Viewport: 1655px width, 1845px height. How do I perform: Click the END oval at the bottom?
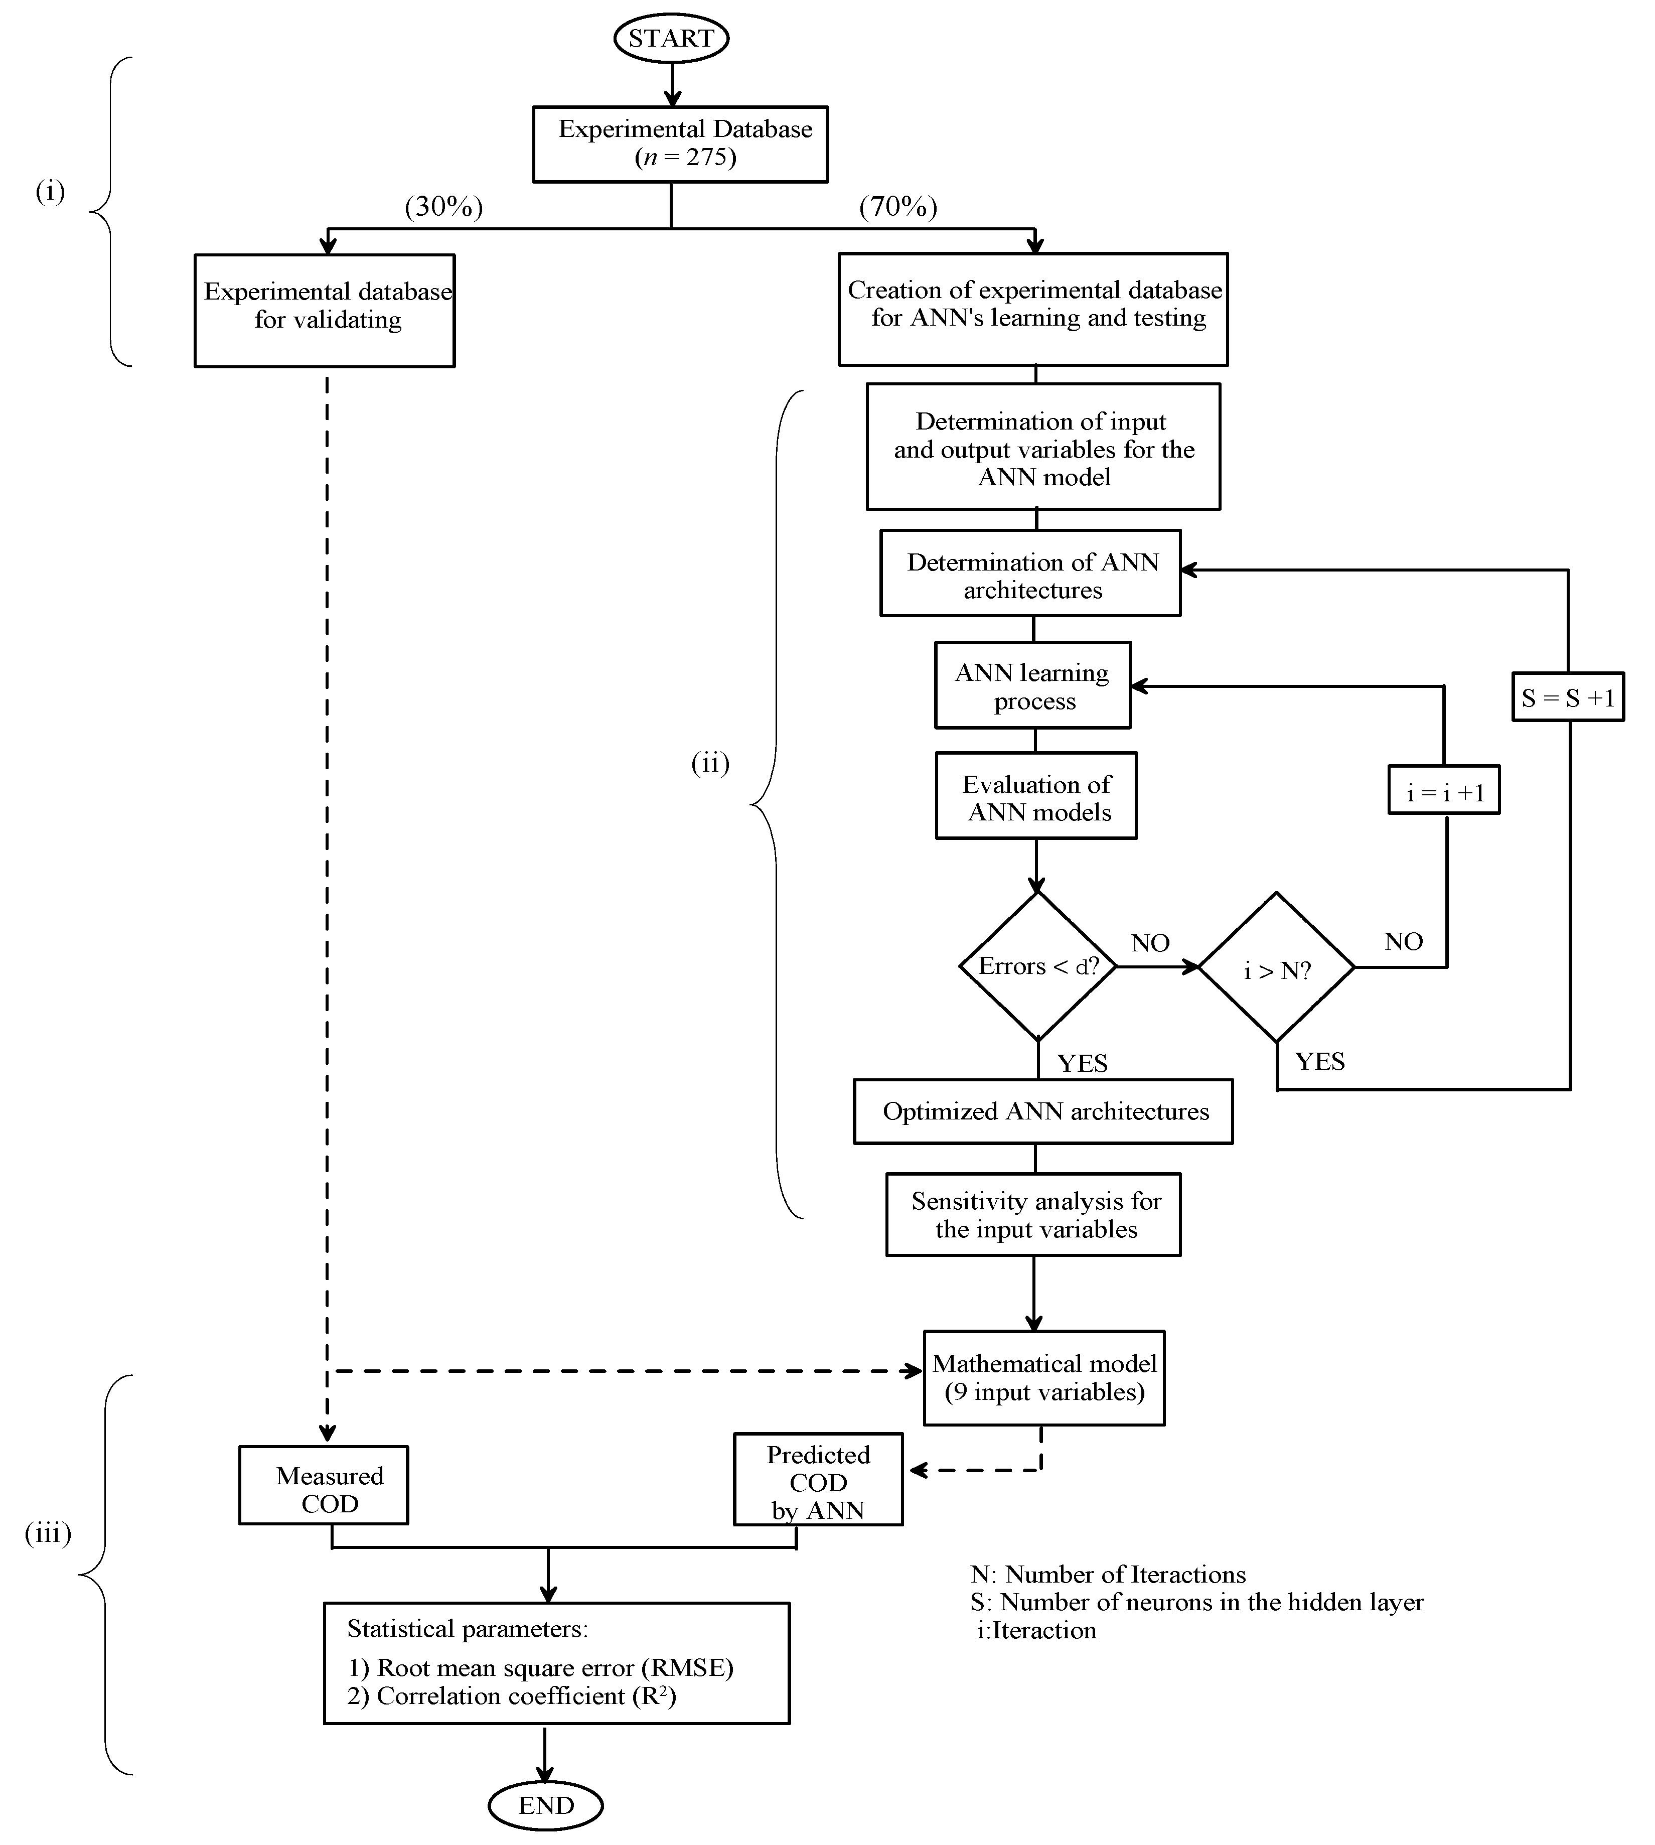click(546, 1805)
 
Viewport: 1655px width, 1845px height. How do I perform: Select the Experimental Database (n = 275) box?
click(680, 144)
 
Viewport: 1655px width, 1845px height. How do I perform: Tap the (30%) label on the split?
click(444, 207)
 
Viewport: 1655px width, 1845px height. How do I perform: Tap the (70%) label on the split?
click(898, 207)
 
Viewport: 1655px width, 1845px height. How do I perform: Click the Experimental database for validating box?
click(325, 310)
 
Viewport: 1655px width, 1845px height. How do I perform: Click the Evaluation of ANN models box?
click(1036, 796)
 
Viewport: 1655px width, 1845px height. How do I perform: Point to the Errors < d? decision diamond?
click(1037, 966)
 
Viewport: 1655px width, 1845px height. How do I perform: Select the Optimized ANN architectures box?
click(1043, 1112)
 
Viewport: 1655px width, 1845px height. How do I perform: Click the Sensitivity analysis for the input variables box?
click(1034, 1215)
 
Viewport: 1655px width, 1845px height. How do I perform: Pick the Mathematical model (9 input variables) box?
click(1044, 1378)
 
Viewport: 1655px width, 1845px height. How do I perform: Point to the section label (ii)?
click(710, 764)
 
